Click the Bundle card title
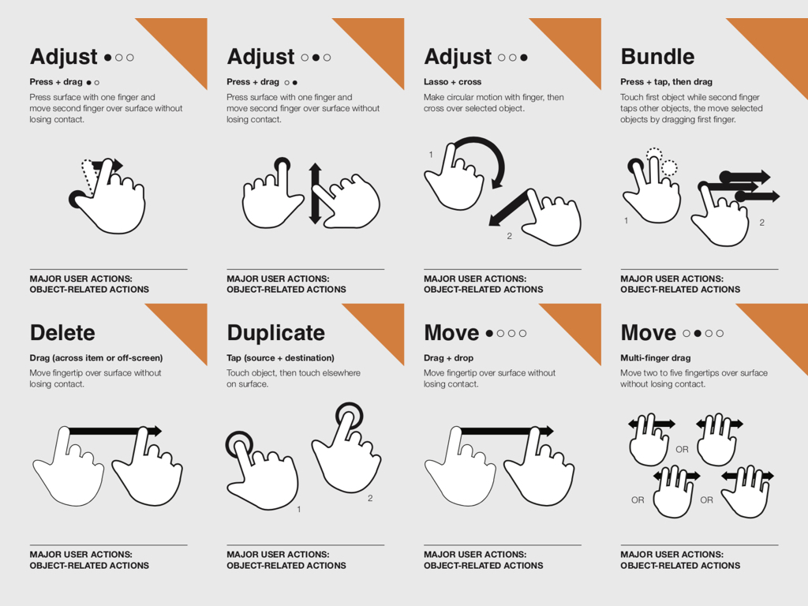pyautogui.click(x=657, y=57)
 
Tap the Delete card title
pyautogui.click(x=62, y=333)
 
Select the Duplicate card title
pyautogui.click(x=275, y=333)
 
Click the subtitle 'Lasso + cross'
pyautogui.click(x=452, y=82)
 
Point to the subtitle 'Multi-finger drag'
pyautogui.click(x=656, y=357)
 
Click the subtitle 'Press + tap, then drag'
pyautogui.click(x=666, y=82)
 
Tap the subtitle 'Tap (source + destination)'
pyautogui.click(x=280, y=357)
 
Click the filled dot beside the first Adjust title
pyautogui.click(x=107, y=58)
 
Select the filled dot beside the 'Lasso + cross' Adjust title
pyautogui.click(x=524, y=58)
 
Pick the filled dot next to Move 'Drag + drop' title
pyautogui.click(x=489, y=334)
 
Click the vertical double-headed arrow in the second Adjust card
pyautogui.click(x=315, y=194)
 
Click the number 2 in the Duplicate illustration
pyautogui.click(x=370, y=499)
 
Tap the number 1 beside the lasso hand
pyautogui.click(x=431, y=155)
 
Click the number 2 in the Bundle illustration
pyautogui.click(x=761, y=223)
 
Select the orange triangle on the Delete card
pyautogui.click(x=186, y=324)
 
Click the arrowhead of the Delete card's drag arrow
pyautogui.click(x=155, y=431)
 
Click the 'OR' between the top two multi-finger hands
pyautogui.click(x=682, y=449)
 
